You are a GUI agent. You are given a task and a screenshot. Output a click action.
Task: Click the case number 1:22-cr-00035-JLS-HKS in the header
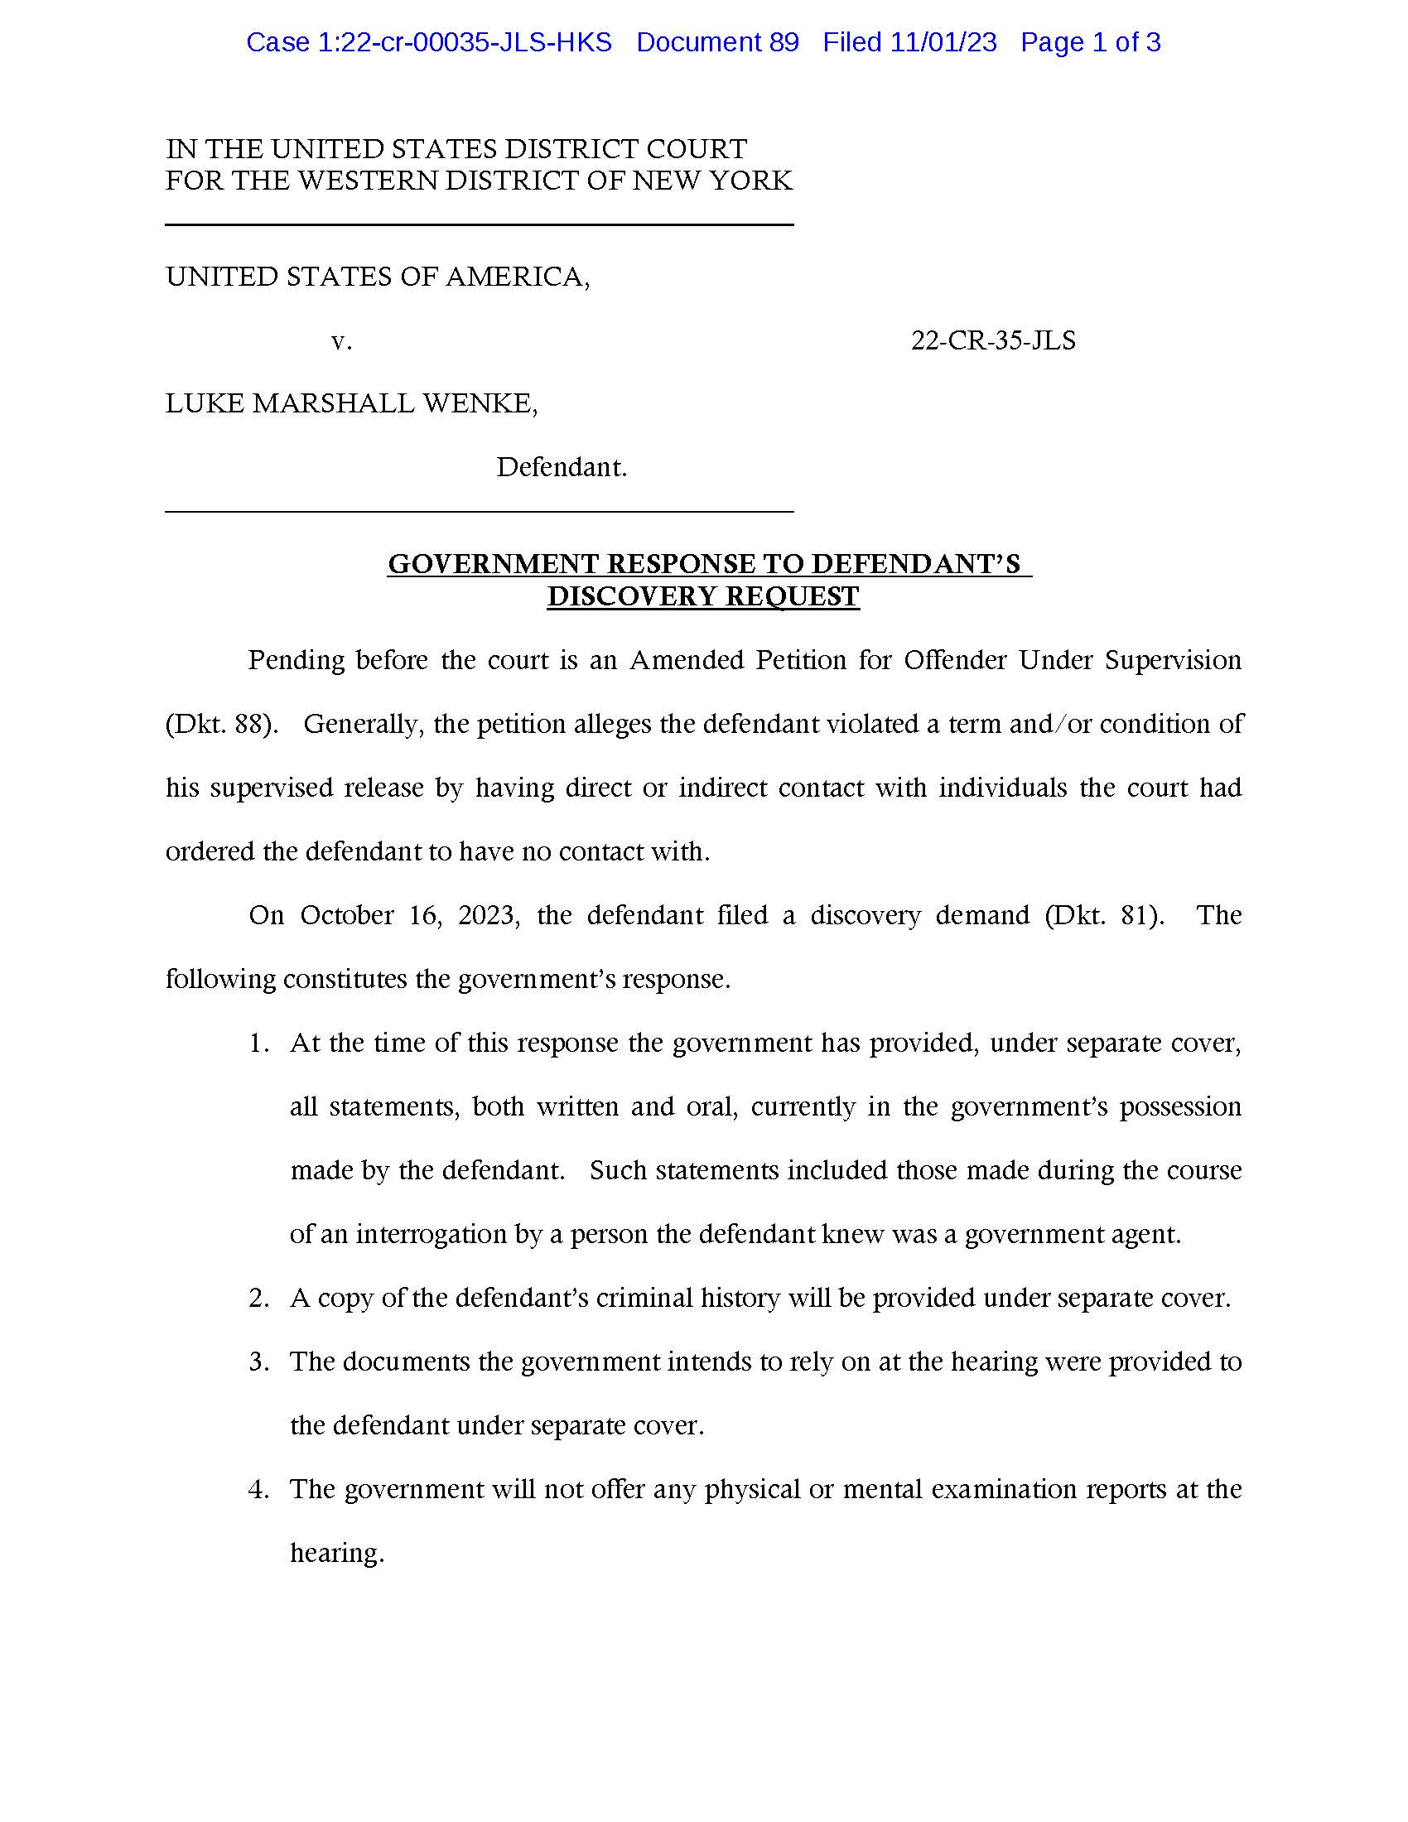pos(429,42)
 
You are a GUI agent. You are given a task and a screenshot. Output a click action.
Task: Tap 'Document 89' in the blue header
pos(717,42)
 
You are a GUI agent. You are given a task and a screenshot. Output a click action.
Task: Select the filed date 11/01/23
pos(943,42)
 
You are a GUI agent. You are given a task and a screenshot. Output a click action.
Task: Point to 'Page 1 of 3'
pos(1090,42)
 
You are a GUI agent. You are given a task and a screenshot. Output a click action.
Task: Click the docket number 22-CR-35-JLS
pos(992,340)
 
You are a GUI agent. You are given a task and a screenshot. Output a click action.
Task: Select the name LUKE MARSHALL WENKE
pos(351,404)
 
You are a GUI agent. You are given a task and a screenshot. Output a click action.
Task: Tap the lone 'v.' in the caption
pos(341,340)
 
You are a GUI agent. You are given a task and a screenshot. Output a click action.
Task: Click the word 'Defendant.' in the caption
pos(562,467)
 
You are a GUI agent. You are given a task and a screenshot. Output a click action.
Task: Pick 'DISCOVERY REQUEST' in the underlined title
pos(703,596)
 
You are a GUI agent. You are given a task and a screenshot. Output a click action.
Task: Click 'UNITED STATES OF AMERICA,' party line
pos(378,277)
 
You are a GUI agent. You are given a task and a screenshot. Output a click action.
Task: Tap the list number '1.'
pos(258,1043)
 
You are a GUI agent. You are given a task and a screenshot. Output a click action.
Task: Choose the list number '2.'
pos(258,1298)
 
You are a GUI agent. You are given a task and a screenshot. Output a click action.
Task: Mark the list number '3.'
pos(258,1362)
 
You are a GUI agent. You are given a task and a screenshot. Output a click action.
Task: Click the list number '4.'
pos(258,1489)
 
